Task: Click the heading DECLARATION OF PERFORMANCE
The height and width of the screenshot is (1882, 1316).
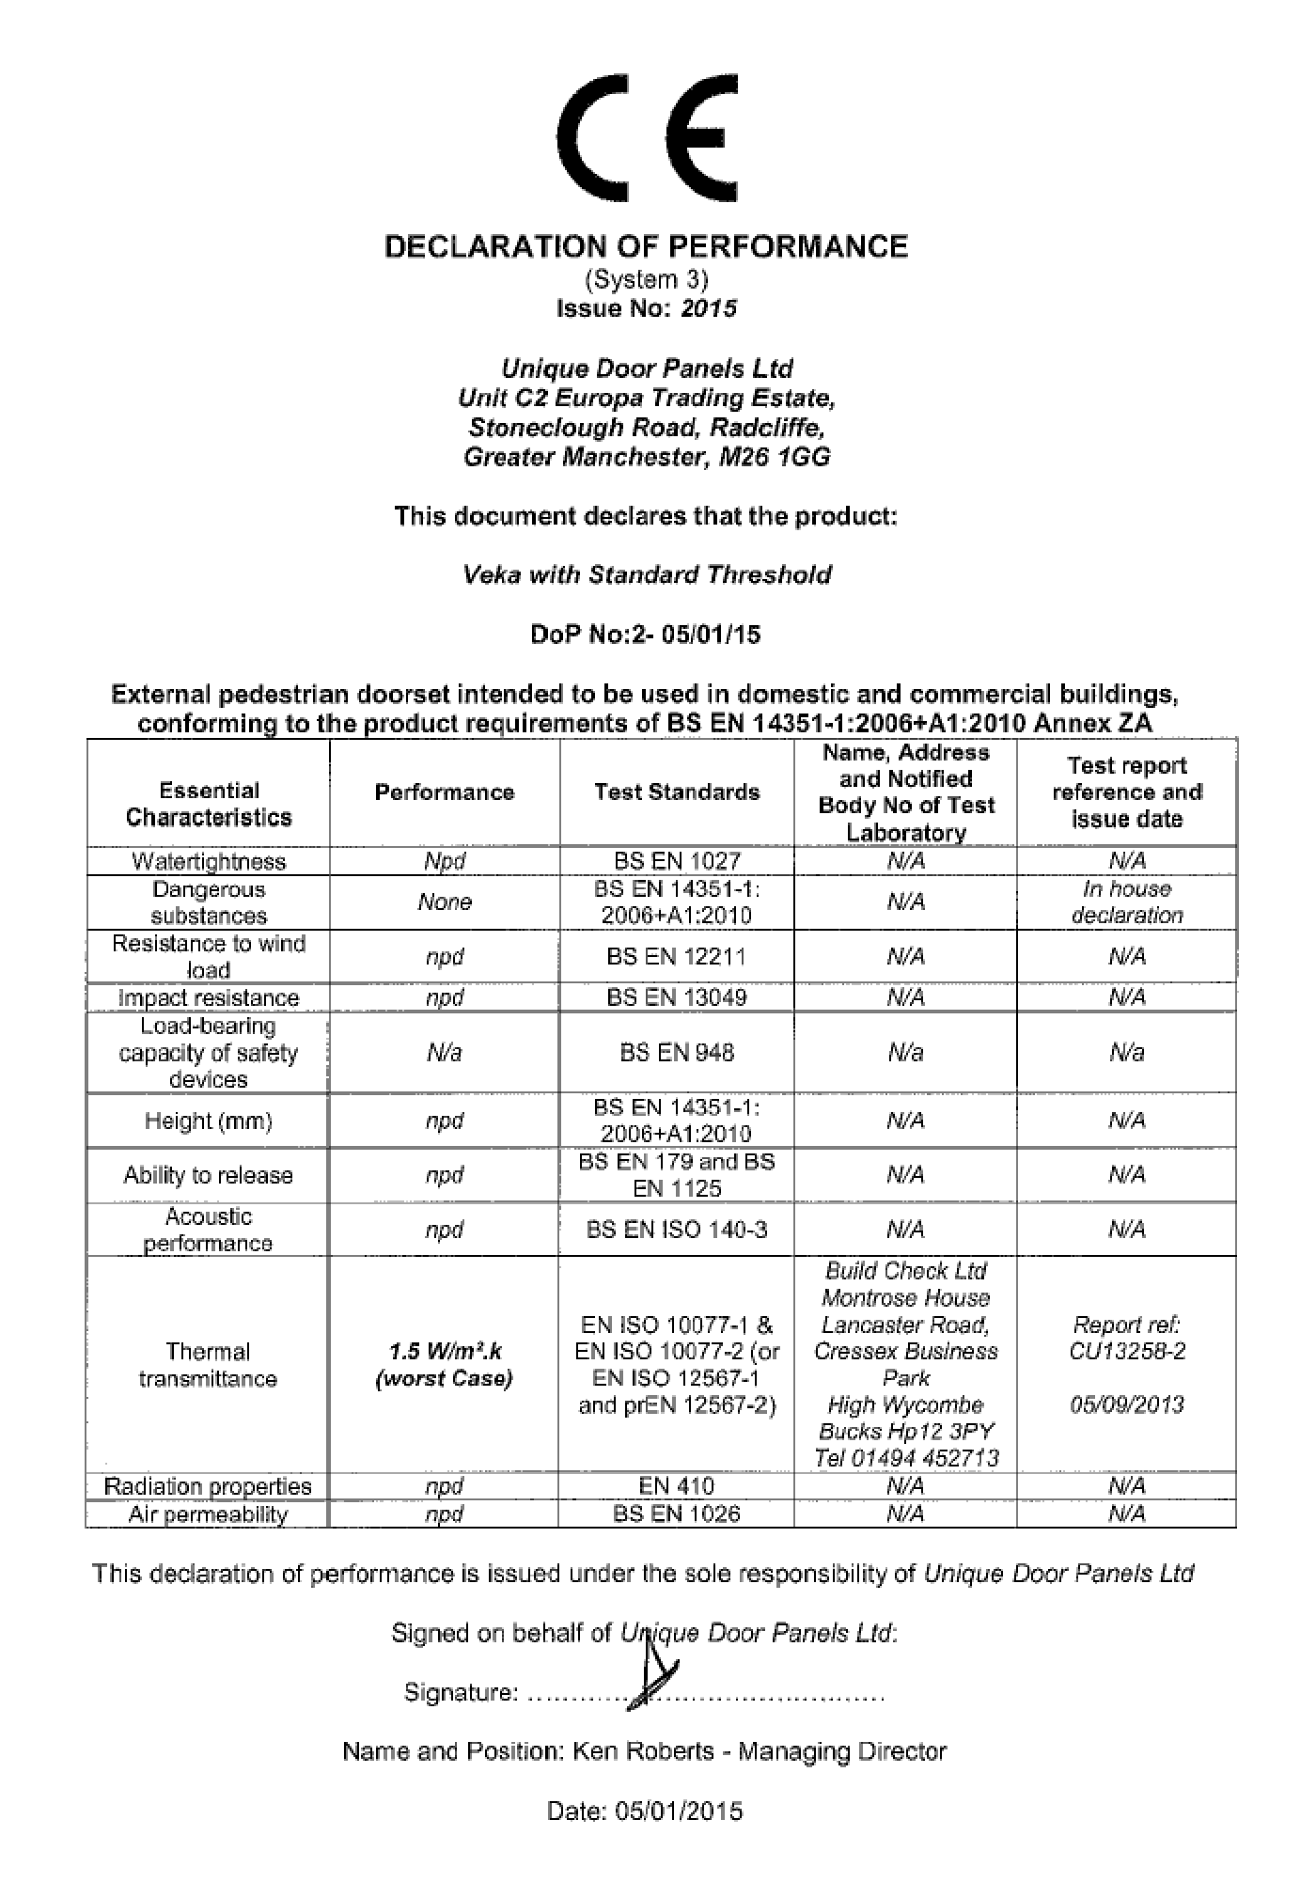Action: [x=647, y=247]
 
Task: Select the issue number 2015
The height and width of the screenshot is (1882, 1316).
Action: [x=709, y=309]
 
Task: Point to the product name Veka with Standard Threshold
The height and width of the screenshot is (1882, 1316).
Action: [x=647, y=574]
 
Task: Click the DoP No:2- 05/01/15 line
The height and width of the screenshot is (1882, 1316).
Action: [x=646, y=635]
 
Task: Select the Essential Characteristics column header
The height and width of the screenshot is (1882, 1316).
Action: [x=209, y=804]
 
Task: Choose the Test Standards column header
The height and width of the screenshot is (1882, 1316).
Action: [x=677, y=792]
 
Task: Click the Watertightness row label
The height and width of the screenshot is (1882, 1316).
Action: [x=209, y=861]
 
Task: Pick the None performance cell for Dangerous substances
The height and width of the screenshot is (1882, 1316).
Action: [x=445, y=902]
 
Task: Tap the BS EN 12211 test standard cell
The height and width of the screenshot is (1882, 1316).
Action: [x=677, y=957]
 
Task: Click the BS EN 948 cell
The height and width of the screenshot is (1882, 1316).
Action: [x=677, y=1053]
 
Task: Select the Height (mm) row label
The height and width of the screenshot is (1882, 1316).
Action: [x=209, y=1121]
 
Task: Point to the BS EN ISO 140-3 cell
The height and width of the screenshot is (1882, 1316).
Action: [x=677, y=1230]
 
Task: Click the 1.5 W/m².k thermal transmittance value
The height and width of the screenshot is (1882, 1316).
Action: [x=445, y=1352]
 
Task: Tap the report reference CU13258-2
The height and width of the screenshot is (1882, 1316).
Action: [x=1126, y=1352]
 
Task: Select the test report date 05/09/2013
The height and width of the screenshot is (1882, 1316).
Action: [x=1126, y=1405]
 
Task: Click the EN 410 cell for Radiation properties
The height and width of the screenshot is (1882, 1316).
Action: [x=677, y=1486]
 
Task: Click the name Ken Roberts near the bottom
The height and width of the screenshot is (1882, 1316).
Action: [x=643, y=1751]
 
